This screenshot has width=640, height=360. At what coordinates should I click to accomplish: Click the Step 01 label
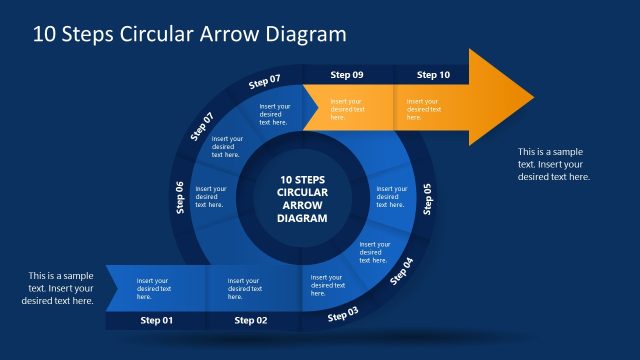[x=156, y=320]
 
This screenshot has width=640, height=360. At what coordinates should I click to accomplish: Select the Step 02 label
[x=251, y=320]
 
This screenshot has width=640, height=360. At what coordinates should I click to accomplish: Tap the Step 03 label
[x=343, y=314]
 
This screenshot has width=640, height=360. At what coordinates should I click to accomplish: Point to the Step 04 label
[x=400, y=271]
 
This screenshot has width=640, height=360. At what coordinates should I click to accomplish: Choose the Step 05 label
[x=428, y=199]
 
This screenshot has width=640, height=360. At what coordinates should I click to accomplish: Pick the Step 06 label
[x=180, y=197]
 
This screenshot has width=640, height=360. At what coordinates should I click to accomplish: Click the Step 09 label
[x=347, y=75]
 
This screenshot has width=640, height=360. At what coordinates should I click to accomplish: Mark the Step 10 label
[x=433, y=75]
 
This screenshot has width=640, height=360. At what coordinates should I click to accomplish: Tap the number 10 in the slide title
[x=44, y=33]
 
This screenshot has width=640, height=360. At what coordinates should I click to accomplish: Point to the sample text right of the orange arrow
[x=553, y=163]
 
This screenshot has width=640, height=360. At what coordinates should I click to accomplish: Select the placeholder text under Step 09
[x=348, y=109]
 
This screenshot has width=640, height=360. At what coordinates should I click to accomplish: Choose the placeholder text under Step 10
[x=423, y=109]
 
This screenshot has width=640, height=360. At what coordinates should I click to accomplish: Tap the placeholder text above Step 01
[x=153, y=288]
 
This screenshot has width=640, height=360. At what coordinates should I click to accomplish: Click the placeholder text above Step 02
[x=244, y=288]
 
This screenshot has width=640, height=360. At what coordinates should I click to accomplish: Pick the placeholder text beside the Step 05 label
[x=391, y=196]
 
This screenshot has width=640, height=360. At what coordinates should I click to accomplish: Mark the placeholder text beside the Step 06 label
[x=210, y=196]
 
